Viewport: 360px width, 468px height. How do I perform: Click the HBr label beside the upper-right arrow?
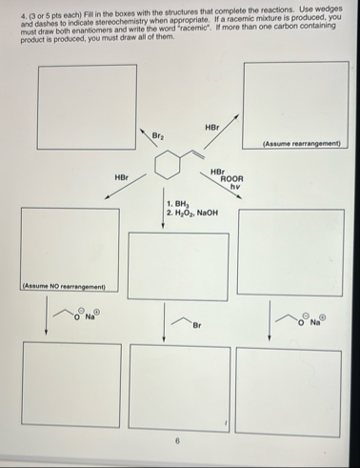pos(211,128)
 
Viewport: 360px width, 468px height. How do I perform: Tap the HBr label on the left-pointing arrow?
pos(121,176)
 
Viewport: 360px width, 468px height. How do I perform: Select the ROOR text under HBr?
pos(231,178)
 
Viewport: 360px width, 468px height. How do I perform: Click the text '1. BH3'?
pos(178,203)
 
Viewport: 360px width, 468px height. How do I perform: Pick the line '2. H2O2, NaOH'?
pos(192,212)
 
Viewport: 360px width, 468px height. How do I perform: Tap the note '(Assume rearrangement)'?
pos(301,144)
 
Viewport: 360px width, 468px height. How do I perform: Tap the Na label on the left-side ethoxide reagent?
pos(93,316)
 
